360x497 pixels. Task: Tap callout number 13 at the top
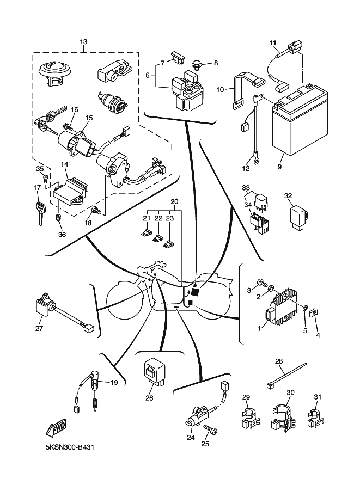[x=83, y=42]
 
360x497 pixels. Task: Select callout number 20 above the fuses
[x=174, y=201]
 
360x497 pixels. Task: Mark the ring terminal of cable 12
[x=254, y=161]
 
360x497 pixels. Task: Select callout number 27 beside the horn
[x=39, y=328]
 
